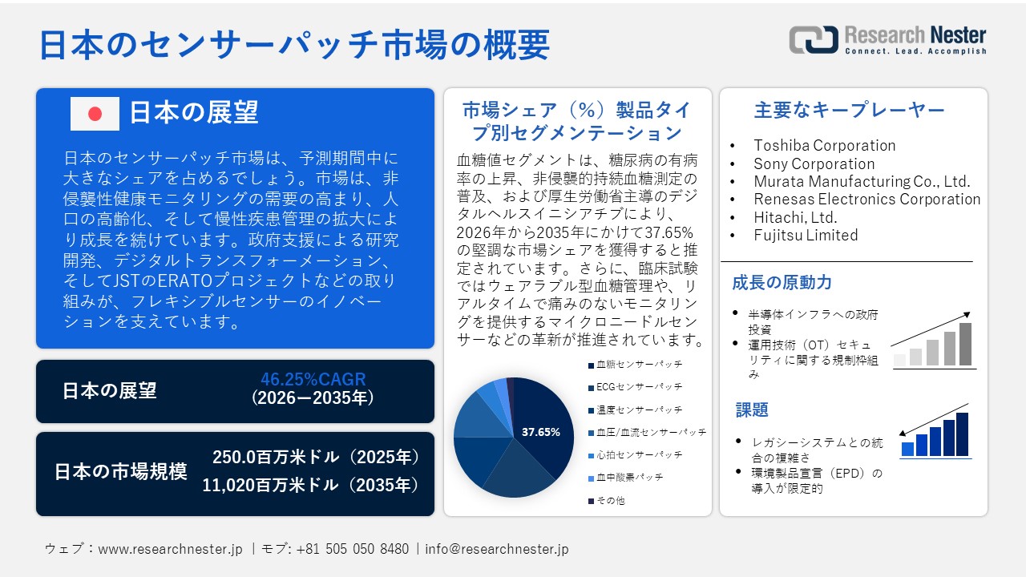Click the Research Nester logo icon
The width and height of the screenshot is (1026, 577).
click(813, 39)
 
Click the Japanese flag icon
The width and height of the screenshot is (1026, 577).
click(95, 114)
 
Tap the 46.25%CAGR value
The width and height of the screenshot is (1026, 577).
click(313, 380)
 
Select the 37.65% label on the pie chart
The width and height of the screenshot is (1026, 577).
click(540, 432)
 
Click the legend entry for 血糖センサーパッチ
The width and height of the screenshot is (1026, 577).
click(639, 364)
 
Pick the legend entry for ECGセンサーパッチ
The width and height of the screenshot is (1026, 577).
click(639, 386)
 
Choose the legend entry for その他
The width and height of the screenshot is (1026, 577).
click(609, 500)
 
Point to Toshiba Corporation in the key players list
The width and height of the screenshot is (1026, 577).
click(824, 145)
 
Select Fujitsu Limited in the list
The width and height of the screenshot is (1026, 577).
click(806, 235)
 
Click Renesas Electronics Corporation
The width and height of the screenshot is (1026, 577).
click(866, 199)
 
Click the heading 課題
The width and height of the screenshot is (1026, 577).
click(752, 410)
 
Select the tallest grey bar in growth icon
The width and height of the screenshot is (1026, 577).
click(965, 344)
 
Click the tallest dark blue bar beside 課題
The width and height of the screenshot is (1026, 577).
click(962, 434)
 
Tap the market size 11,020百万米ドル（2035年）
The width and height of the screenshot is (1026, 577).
click(311, 485)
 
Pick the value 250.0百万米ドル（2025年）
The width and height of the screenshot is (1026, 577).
click(316, 458)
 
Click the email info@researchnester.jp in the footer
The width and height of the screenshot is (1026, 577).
click(497, 549)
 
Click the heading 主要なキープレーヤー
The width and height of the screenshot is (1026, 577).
click(850, 110)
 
